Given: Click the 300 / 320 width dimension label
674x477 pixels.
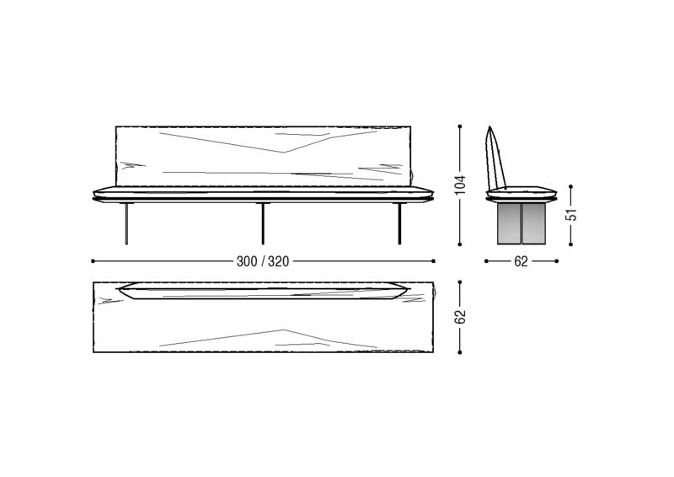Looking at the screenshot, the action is [263, 261].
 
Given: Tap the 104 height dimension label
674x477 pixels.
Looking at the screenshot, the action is [460, 185].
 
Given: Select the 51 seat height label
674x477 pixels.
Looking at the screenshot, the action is [571, 215].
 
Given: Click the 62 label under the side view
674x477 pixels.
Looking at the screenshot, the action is [521, 261].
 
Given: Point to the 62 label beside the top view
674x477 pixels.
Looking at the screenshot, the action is [460, 317].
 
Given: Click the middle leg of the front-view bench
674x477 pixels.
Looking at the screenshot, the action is [263, 223].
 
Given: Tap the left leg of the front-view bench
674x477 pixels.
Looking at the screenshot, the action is [126, 223].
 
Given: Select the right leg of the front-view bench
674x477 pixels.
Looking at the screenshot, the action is [399, 223].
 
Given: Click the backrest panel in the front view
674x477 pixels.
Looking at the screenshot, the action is [263, 156].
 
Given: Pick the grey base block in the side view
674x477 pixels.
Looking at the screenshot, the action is [522, 223].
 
